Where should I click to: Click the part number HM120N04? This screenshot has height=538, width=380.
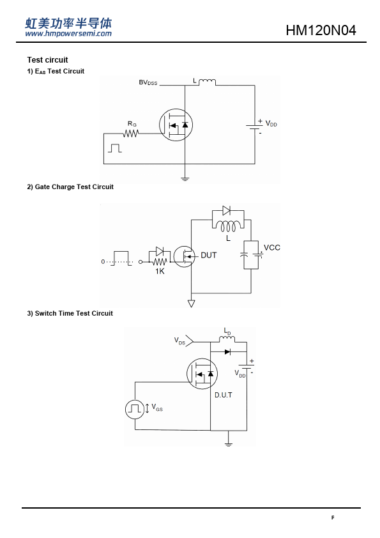[x=321, y=30]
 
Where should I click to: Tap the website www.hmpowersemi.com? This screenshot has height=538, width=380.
[x=68, y=34]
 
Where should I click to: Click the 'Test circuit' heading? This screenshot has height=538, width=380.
[x=48, y=60]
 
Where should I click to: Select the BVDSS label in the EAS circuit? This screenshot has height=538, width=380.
[x=148, y=82]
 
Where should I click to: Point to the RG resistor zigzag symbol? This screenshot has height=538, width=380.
[x=131, y=133]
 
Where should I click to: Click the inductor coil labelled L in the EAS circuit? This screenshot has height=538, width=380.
[x=207, y=82]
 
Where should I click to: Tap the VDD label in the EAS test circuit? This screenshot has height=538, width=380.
[x=271, y=123]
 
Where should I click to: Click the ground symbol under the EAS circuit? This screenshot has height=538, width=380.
[x=185, y=178]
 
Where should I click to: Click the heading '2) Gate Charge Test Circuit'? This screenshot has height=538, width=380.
[x=70, y=187]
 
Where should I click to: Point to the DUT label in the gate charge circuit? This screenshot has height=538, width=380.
[x=208, y=256]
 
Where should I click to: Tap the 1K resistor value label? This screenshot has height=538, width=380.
[x=160, y=272]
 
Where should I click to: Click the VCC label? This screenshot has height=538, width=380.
[x=272, y=248]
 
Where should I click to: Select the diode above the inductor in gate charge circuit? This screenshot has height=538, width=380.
[x=226, y=210]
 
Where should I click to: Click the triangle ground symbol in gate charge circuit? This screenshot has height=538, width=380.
[x=192, y=304]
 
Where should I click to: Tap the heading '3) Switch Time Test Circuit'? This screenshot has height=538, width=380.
[x=70, y=313]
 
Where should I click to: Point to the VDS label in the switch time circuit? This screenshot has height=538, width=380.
[x=179, y=341]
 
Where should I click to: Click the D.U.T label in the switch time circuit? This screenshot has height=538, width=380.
[x=224, y=395]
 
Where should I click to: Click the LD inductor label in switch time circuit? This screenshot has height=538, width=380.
[x=227, y=332]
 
